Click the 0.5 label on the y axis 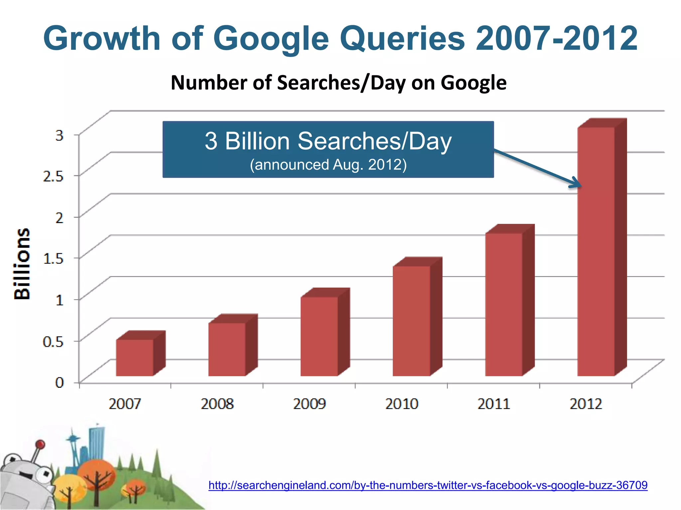point(53,341)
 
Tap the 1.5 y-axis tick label point(53,259)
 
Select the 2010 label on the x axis point(402,404)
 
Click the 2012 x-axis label point(586,404)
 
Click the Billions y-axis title point(22,264)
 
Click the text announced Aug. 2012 point(328,165)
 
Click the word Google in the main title point(273,39)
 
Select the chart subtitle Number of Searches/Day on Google point(339,83)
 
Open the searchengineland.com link point(428,485)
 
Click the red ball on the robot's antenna point(40,444)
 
